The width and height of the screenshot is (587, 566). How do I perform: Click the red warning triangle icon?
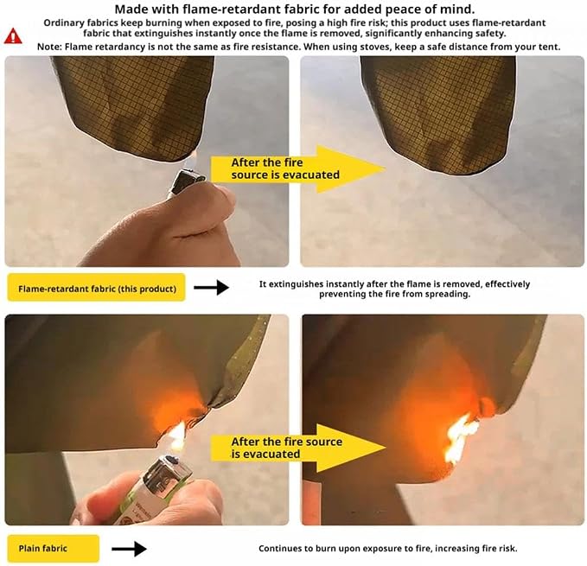13,36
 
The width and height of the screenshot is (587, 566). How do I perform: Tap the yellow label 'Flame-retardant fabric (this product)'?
97,287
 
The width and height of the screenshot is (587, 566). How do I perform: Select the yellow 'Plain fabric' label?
53,549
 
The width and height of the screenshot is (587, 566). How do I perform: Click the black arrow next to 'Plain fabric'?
129,549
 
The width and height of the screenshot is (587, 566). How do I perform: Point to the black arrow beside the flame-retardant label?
212,287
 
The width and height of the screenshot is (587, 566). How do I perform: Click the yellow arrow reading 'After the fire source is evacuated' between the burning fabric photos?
298,448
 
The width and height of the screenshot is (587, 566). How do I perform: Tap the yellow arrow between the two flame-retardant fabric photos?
298,169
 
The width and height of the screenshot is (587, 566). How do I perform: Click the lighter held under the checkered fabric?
186,183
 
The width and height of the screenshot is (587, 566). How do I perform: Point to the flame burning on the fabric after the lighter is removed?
460,438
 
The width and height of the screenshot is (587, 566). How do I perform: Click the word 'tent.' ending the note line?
550,48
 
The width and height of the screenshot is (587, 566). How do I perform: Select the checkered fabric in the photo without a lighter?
438,112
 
